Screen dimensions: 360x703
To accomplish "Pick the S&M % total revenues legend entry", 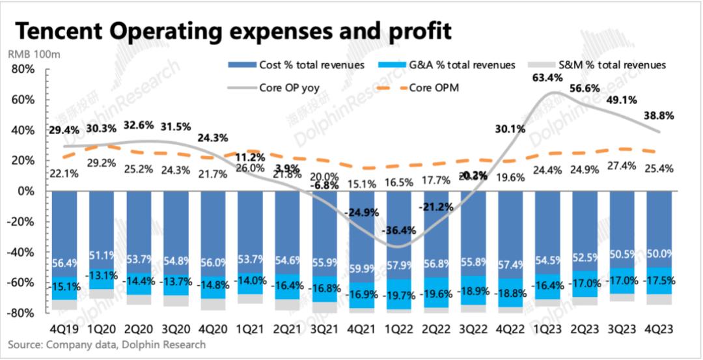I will (x=612, y=65).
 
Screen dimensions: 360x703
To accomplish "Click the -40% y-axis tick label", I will (x=28, y=252).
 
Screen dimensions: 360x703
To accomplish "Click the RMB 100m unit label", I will (x=34, y=55).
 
